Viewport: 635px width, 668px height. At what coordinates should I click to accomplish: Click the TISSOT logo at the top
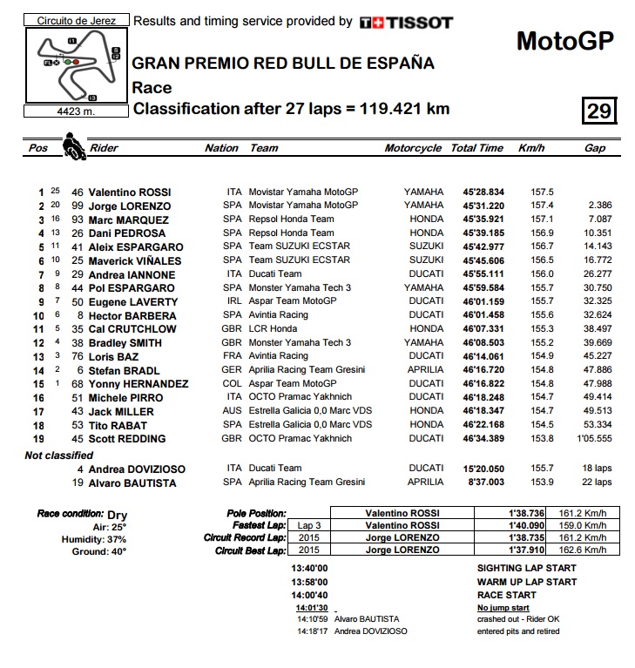click(406, 22)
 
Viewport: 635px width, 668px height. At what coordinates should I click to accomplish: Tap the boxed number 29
click(599, 111)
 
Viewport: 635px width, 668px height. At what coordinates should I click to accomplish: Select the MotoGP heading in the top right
click(564, 41)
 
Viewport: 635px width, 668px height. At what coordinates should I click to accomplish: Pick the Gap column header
click(595, 148)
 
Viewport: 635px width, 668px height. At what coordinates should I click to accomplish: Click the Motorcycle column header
click(413, 148)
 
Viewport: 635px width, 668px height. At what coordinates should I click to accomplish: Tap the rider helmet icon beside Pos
click(73, 145)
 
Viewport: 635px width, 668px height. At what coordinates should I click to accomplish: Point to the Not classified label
click(58, 455)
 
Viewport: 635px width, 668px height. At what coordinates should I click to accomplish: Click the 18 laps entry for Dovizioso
click(598, 469)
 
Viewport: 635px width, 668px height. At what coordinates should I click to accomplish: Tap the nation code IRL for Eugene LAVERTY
click(232, 301)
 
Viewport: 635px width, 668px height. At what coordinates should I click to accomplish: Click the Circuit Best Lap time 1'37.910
click(527, 550)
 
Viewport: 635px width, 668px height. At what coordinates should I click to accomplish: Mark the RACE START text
click(506, 595)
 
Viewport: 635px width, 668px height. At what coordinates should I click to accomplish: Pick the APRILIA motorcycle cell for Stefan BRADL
click(424, 370)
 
